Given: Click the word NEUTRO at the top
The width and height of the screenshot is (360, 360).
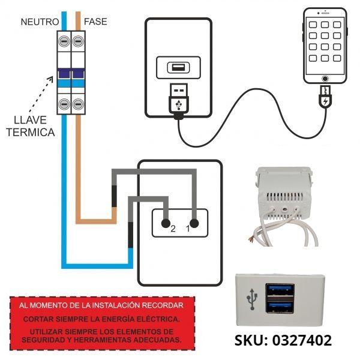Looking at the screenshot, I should [x=40, y=22].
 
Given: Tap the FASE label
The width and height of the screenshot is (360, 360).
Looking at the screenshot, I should [x=95, y=22].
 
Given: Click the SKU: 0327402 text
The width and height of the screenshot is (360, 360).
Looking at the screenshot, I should [x=283, y=340].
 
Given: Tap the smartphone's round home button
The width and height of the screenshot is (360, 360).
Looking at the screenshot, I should [x=325, y=79].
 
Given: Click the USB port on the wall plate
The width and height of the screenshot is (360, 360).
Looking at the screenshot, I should [x=178, y=67].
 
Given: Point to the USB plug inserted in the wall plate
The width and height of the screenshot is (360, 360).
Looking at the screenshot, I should [x=178, y=99].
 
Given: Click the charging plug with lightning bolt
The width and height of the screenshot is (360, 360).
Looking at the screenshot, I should [x=325, y=98].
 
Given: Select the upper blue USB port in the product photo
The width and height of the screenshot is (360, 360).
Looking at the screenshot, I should [x=281, y=292].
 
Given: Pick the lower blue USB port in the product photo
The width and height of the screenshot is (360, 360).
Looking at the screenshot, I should [x=281, y=307].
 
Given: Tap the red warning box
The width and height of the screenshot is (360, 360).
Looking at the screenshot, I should [x=103, y=322].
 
